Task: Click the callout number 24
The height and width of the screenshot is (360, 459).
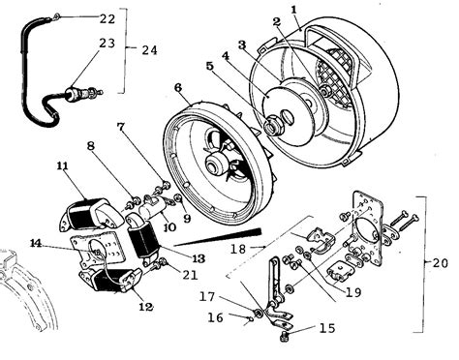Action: point(149,50)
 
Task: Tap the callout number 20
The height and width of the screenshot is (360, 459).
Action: point(441,263)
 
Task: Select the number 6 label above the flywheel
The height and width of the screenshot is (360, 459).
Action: point(177,88)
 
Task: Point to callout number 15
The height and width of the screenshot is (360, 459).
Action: point(327,328)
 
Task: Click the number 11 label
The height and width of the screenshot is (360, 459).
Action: point(63,166)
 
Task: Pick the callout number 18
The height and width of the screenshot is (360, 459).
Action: point(238,249)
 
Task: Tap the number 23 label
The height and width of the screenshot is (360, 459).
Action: point(107,43)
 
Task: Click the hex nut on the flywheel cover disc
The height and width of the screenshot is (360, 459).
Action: point(272,126)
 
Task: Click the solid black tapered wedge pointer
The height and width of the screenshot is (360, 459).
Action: point(218,237)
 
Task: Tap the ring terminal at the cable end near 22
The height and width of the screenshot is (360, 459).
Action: point(56,15)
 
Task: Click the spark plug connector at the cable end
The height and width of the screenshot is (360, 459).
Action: point(84,93)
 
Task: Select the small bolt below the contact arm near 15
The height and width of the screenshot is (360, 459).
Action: point(284,336)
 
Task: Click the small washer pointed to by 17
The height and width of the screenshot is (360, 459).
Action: point(258,313)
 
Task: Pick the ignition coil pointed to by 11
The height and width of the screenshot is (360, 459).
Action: point(91,216)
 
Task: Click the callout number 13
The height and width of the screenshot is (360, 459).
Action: point(199,258)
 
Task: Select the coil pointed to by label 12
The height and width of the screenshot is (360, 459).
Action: point(109,280)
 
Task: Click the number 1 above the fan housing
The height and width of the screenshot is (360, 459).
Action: point(293,10)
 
